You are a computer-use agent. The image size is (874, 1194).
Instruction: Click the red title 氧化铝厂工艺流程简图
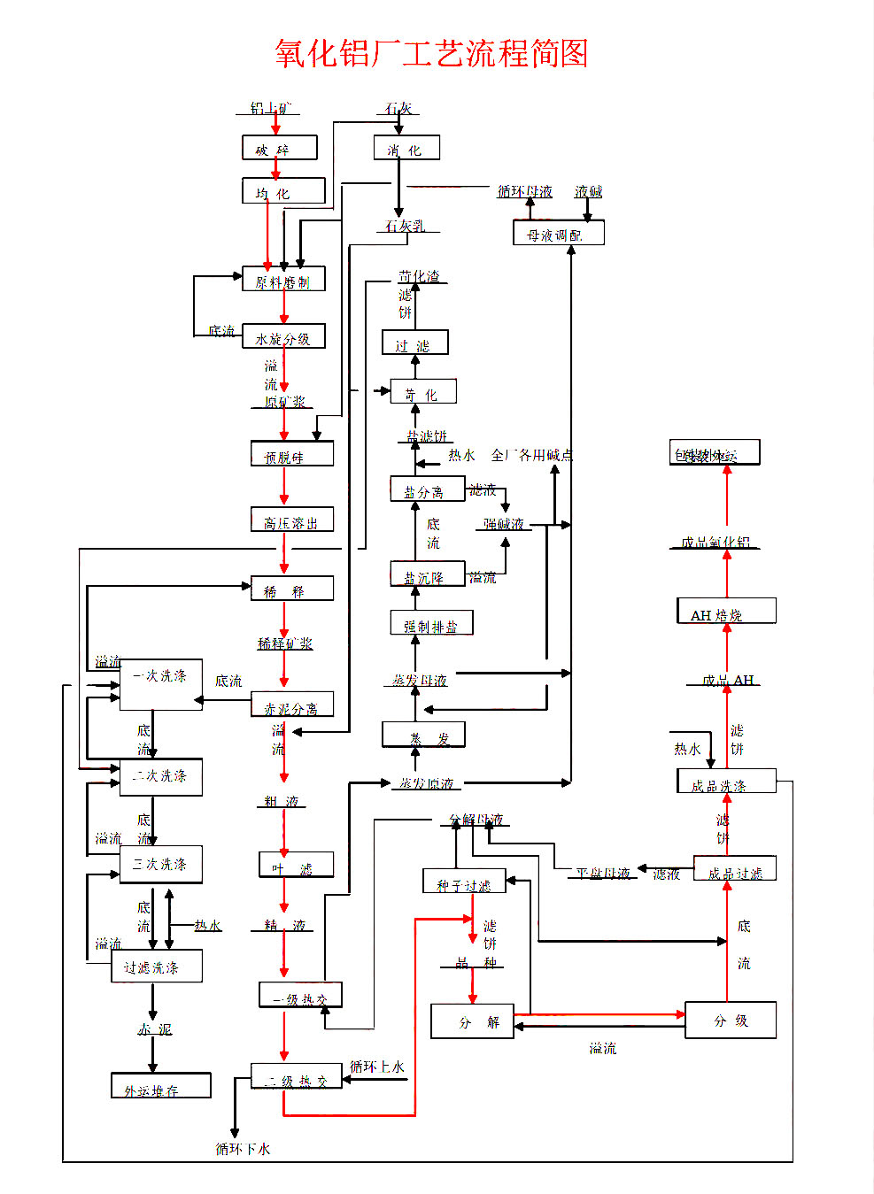tap(431, 53)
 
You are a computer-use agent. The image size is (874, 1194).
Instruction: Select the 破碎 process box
tap(279, 148)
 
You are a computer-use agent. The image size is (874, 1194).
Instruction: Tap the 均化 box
tap(283, 191)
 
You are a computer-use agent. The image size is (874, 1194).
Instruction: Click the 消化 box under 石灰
tap(406, 148)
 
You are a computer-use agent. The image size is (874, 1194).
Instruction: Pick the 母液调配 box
tap(558, 234)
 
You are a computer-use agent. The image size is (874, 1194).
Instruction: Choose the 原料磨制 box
tap(283, 280)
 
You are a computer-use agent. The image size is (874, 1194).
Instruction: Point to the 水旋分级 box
tap(283, 337)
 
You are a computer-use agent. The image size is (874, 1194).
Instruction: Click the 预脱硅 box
tap(292, 455)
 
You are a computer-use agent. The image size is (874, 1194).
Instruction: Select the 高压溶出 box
tap(292, 520)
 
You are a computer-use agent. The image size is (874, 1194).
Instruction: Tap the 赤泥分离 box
tap(292, 706)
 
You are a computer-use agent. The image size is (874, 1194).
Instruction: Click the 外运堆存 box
tap(160, 1086)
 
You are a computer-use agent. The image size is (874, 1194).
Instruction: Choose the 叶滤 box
tap(296, 866)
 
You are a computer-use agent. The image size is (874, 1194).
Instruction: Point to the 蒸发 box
tap(423, 736)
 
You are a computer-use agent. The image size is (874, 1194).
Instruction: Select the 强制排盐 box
tap(431, 624)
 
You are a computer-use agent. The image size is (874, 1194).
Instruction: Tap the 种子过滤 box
tap(464, 882)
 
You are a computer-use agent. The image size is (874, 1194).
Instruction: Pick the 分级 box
tap(731, 1021)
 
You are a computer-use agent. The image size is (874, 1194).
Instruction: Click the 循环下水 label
tap(243, 1149)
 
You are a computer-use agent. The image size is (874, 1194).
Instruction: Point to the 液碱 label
tap(588, 191)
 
